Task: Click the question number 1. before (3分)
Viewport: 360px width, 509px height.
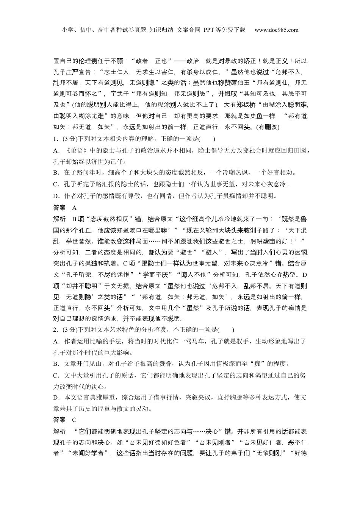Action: coord(55,139)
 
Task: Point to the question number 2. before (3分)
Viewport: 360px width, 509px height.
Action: coord(55,330)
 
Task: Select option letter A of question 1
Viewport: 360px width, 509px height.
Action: coord(55,150)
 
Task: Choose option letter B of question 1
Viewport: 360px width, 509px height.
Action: coord(55,173)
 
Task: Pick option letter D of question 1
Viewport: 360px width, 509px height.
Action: coord(55,196)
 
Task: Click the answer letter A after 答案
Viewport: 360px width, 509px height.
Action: coord(74,208)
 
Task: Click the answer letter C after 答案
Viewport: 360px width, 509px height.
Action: coord(74,420)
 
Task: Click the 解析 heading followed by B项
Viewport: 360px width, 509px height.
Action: coord(60,219)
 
